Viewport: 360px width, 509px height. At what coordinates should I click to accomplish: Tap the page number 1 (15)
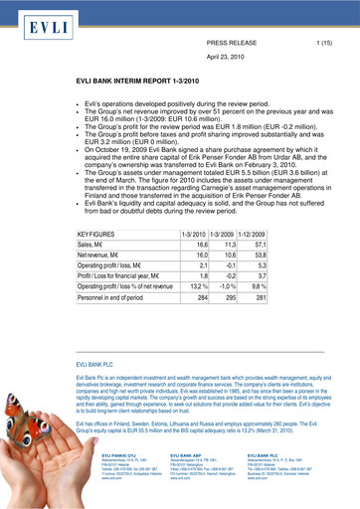(323, 45)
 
